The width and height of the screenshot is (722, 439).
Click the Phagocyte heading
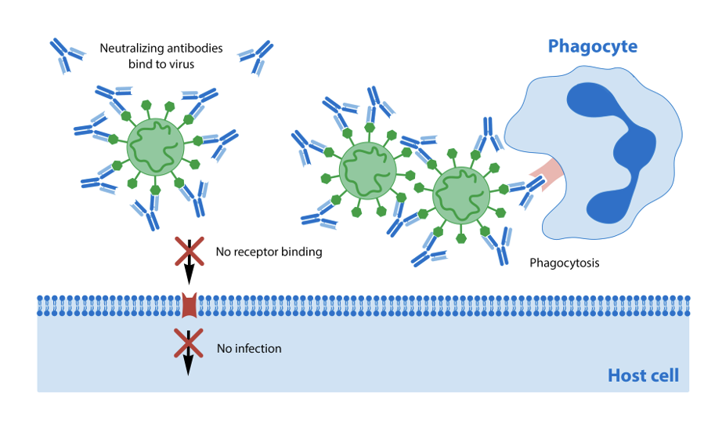592,46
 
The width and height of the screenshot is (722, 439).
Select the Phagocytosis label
564,263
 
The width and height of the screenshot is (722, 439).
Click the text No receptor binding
269,252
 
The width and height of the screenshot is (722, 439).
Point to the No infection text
248,348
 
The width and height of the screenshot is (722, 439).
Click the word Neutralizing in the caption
130,49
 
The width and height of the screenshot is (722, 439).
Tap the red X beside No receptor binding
189,252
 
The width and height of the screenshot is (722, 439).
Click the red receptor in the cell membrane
189,306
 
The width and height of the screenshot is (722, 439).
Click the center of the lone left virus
155,147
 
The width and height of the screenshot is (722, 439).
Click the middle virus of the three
367,170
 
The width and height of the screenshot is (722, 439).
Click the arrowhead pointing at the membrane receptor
189,278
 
